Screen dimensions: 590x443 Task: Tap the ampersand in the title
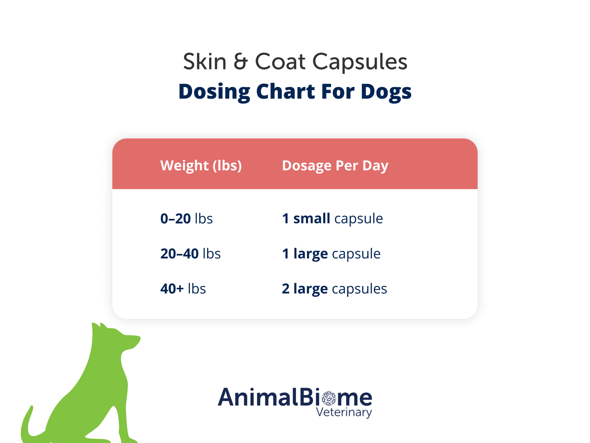pyautogui.click(x=241, y=61)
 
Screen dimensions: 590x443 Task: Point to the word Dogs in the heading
pyautogui.click(x=386, y=92)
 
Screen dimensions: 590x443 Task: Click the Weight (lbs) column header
pyautogui.click(x=201, y=166)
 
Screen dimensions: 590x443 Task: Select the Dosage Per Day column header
pyautogui.click(x=335, y=166)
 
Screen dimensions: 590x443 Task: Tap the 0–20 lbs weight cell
pyautogui.click(x=187, y=219)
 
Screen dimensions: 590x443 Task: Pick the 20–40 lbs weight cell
pyautogui.click(x=191, y=254)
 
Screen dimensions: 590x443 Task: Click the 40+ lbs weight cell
pyautogui.click(x=183, y=289)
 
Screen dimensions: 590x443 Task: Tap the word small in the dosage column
pyautogui.click(x=312, y=219)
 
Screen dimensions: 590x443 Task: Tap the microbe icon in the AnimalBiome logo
pyautogui.click(x=329, y=399)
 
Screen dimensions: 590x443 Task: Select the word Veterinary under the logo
pyautogui.click(x=344, y=412)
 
